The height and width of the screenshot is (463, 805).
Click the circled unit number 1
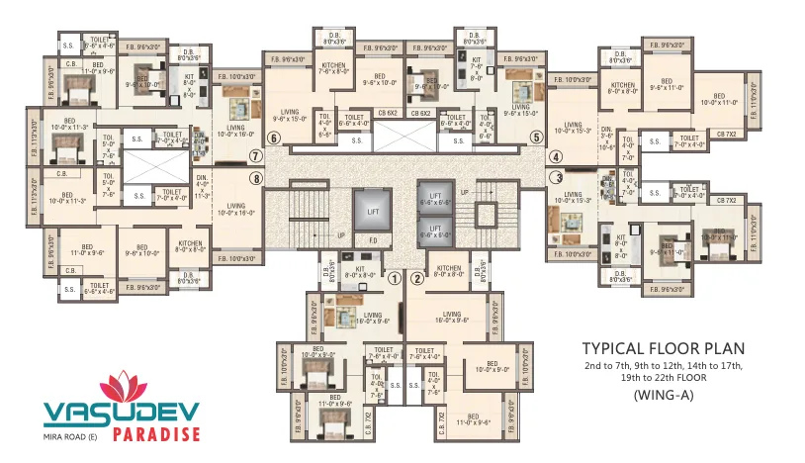[394, 278]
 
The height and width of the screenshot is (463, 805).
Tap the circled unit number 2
[416, 278]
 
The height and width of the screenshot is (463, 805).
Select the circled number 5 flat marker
[535, 138]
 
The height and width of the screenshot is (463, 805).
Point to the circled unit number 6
[274, 138]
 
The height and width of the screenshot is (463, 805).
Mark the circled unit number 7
[255, 155]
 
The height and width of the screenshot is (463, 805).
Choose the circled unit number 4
[555, 155]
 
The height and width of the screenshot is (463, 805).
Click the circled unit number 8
[255, 179]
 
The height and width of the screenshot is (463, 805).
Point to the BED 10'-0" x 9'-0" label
[491, 368]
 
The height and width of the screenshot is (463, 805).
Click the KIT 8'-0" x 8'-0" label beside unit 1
[361, 271]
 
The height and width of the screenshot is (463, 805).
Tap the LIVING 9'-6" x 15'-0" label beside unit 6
[289, 116]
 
